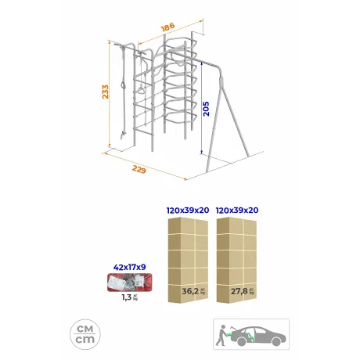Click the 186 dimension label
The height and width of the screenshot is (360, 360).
coord(168,27)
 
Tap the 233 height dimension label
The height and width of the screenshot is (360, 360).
coord(105,92)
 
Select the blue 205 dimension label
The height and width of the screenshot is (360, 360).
coord(206,109)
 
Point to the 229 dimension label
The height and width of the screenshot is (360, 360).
coord(139,170)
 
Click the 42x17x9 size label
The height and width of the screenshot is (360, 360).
coord(129,267)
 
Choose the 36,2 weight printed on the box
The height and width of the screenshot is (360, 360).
coord(190,291)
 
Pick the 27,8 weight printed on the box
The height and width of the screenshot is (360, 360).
coord(239,291)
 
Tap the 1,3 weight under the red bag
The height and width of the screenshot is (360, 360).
coord(127,297)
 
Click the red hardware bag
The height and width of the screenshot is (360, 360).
coord(130,283)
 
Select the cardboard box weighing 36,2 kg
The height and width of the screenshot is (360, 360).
coord(188,260)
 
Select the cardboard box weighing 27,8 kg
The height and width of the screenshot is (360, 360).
coord(236,260)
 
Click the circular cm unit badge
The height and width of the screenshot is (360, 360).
coord(85,334)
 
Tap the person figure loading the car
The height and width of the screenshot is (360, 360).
coord(221,335)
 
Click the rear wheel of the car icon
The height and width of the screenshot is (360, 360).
coord(241,341)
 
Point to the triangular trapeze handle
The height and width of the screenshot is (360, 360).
coord(141,90)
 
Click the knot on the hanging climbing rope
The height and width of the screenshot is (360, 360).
coord(123,85)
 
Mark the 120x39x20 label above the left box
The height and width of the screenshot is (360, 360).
coord(188,211)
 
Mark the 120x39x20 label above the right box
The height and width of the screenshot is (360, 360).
coord(237,211)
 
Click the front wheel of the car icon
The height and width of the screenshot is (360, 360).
coord(276,341)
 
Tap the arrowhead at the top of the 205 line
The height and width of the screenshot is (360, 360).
coord(202,63)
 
